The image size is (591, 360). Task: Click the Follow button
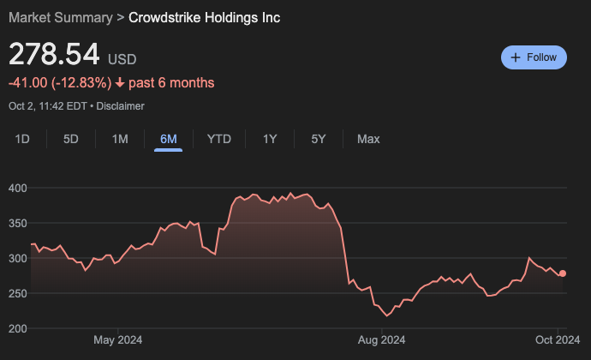(x=534, y=57)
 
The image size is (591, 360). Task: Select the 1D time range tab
(x=23, y=139)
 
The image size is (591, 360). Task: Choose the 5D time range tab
(x=71, y=139)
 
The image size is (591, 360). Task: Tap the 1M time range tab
(x=120, y=139)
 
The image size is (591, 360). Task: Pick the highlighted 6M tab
(x=169, y=139)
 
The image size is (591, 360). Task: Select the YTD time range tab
(x=219, y=139)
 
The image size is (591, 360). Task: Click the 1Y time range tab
(x=270, y=139)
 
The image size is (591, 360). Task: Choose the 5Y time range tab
(x=318, y=139)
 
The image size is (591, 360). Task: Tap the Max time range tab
(x=368, y=139)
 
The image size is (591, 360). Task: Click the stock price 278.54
(x=54, y=55)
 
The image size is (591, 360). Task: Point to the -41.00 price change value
(x=27, y=83)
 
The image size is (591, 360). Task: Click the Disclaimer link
(x=120, y=106)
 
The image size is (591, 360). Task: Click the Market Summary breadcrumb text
(x=60, y=17)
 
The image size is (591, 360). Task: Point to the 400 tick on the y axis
(x=19, y=188)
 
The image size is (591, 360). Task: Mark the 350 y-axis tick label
(x=19, y=223)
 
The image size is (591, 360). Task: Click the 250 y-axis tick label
(x=19, y=293)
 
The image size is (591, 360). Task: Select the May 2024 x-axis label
(x=117, y=340)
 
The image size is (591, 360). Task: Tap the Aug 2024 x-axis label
(x=381, y=340)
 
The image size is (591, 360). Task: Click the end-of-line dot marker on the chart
(x=563, y=273)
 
